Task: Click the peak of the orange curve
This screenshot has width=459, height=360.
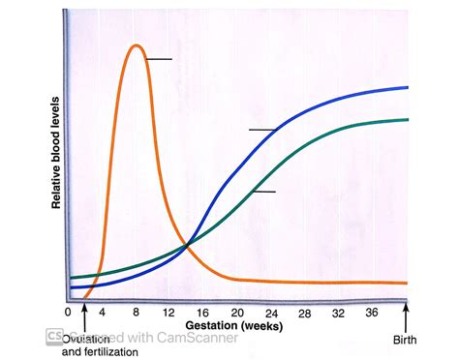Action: click(x=137, y=45)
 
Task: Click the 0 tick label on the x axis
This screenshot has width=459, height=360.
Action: click(x=68, y=313)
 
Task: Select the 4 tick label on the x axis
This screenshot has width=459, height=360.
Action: click(x=101, y=313)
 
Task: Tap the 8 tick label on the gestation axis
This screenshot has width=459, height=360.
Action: click(x=137, y=313)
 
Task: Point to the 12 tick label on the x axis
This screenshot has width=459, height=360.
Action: click(x=168, y=313)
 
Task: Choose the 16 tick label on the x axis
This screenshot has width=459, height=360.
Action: click(x=203, y=313)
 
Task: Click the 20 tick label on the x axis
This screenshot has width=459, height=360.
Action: click(x=238, y=313)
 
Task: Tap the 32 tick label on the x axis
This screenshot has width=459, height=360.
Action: click(x=338, y=313)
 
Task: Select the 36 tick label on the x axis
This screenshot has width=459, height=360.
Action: click(x=371, y=313)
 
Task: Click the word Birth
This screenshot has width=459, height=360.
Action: click(x=406, y=341)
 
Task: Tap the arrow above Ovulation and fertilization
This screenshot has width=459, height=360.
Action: click(x=85, y=315)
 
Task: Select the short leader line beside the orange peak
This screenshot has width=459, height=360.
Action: click(x=159, y=60)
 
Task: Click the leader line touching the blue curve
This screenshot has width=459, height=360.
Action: click(x=262, y=130)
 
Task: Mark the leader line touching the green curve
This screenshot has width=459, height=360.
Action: click(x=264, y=192)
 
